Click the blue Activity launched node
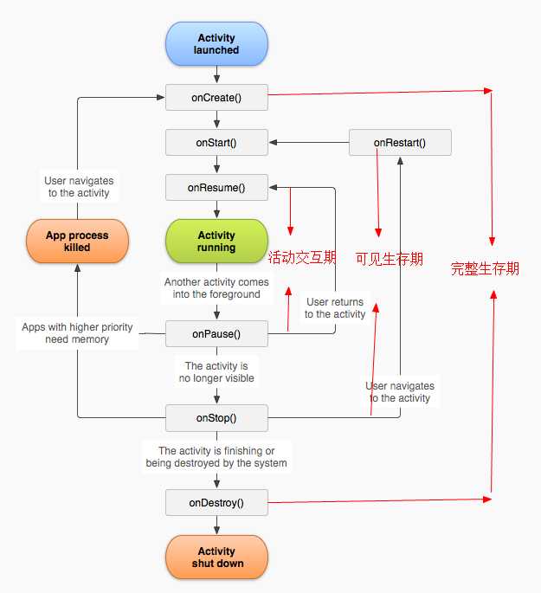[216, 44]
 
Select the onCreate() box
[216, 98]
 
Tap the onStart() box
[216, 143]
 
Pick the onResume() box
[216, 188]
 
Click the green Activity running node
[216, 241]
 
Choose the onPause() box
[216, 334]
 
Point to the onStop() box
[216, 418]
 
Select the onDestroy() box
[216, 503]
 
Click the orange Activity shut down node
[216, 557]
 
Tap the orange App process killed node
[77, 241]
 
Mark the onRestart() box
[400, 143]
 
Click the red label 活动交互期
[302, 257]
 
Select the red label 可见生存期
[389, 259]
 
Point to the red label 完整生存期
[485, 268]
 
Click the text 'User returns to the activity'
[335, 308]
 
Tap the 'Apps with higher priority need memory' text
[77, 332]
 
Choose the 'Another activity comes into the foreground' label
[216, 287]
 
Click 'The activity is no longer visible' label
[216, 371]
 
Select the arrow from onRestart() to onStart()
[309, 143]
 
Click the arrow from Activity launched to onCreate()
[216, 74]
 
